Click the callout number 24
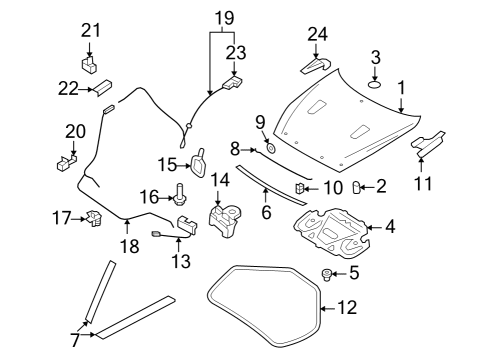coord(316,34)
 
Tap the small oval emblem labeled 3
coord(376,84)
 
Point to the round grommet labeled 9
coord(270,149)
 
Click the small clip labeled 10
coord(298,187)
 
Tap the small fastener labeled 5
coord(326,274)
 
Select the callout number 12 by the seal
coord(344,309)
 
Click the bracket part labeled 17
coord(96,217)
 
